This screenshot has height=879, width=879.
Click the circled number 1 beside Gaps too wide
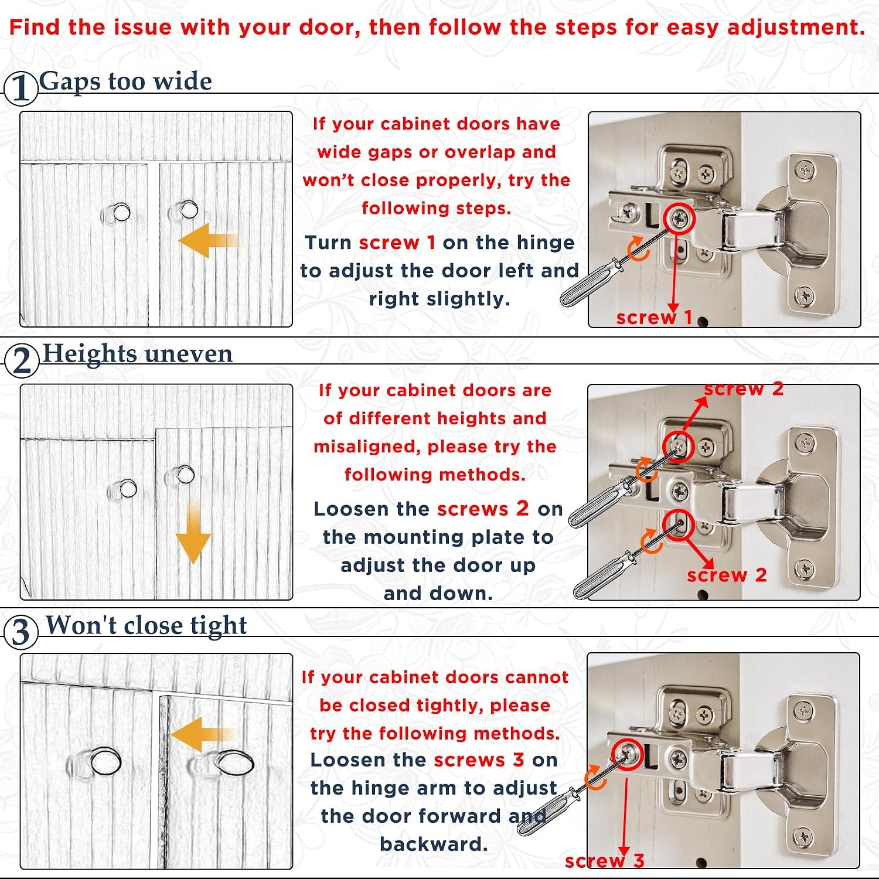coord(21,88)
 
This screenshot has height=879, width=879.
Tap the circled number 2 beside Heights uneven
coord(22,360)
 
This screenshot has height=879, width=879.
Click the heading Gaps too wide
coord(125,81)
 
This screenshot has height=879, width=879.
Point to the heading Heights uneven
coord(138,353)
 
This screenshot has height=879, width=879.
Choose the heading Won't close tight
coord(146,625)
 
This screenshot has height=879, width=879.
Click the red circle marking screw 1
coord(680,219)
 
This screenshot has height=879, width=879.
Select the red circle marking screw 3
coord(628,755)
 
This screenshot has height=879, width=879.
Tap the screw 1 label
coord(655,318)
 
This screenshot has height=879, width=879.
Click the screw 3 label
coord(604,861)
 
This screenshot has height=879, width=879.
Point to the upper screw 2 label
coord(744,389)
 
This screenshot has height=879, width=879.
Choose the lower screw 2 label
coord(727,575)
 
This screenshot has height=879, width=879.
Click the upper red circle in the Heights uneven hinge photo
coord(679,447)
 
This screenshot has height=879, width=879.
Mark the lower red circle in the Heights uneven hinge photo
coord(679,524)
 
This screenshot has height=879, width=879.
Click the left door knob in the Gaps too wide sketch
coord(120,212)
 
